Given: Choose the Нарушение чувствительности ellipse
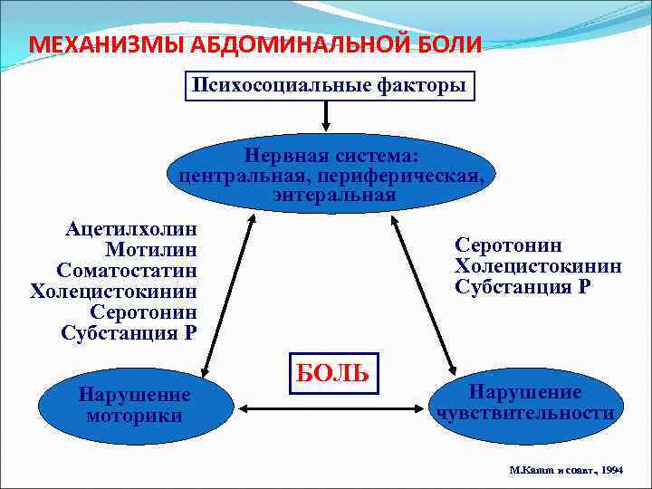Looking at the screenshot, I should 525,403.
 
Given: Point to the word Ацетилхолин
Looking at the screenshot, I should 131,229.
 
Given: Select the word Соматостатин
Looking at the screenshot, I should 127,271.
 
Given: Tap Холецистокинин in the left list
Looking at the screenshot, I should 113,292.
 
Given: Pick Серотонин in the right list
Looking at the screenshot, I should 508,245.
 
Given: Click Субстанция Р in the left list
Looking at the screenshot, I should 129,332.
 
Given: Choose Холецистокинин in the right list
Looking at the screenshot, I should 538,266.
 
